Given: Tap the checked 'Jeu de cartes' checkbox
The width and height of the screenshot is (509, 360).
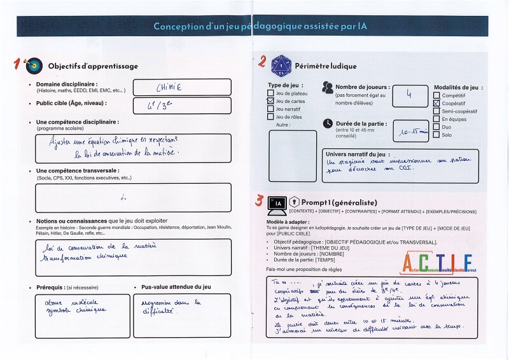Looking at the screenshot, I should click(x=270, y=101).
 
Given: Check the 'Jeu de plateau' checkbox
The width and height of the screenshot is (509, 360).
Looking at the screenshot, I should click(x=270, y=93).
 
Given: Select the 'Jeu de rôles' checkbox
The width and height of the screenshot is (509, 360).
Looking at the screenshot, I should click(x=270, y=117).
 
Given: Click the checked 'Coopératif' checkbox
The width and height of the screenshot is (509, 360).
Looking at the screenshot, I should click(x=436, y=103).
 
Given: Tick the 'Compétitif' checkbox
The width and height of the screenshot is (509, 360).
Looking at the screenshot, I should click(x=436, y=95).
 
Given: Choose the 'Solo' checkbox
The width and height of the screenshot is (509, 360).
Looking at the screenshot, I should click(x=436, y=135).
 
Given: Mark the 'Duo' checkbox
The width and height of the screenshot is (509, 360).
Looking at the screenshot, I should click(x=436, y=127).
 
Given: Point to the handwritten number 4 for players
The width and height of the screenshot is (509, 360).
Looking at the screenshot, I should click(x=409, y=95).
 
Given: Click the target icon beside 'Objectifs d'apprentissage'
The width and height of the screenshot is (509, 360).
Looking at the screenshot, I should click(x=35, y=66).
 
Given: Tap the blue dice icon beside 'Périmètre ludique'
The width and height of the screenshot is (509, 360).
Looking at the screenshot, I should click(x=281, y=65).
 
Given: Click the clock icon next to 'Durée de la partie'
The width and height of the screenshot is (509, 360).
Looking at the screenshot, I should click(x=327, y=123).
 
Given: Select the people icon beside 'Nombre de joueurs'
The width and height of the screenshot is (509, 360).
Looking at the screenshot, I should click(x=328, y=87).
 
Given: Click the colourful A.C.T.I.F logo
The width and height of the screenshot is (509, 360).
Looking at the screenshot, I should click(x=437, y=263).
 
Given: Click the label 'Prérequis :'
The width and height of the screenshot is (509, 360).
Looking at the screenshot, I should click(x=50, y=287).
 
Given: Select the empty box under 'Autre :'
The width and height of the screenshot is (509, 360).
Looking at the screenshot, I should click(x=292, y=156).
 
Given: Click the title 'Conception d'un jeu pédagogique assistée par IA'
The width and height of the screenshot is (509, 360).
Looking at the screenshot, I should click(x=260, y=26).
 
